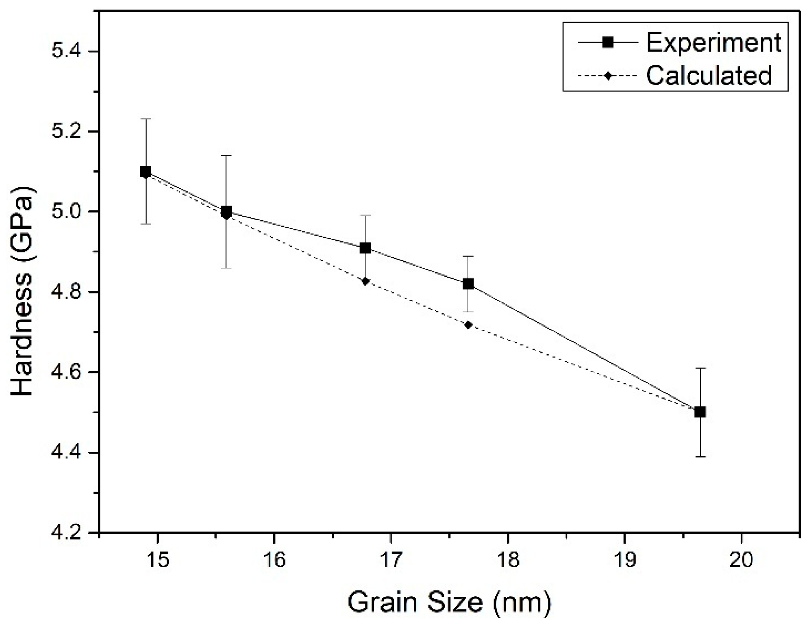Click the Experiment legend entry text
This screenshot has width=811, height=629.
(x=713, y=42)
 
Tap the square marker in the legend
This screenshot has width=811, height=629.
(x=608, y=42)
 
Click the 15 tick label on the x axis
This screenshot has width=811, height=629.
(x=157, y=560)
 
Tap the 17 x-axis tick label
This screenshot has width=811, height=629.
(x=391, y=560)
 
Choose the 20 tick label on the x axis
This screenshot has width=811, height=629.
(x=741, y=560)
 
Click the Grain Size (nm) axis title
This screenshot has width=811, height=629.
(x=449, y=603)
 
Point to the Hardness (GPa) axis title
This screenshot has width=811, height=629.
(x=22, y=291)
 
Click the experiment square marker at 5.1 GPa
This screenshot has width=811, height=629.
(x=146, y=171)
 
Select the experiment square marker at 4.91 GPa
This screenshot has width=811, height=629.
(x=365, y=248)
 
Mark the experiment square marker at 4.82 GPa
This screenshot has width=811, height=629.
(x=468, y=284)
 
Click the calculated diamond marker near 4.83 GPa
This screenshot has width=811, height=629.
(x=365, y=281)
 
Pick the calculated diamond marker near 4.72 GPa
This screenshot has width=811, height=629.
(x=468, y=325)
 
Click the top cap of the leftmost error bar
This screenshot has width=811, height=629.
(x=146, y=119)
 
